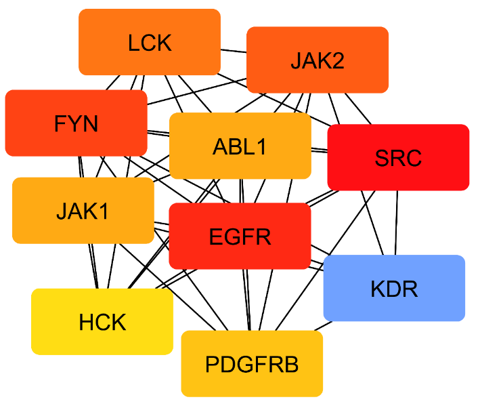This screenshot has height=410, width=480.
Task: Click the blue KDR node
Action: (x=394, y=288)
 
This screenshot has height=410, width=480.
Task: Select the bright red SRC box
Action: (x=398, y=157)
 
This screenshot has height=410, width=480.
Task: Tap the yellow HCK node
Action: (x=102, y=321)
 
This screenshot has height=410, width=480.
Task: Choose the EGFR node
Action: (x=240, y=236)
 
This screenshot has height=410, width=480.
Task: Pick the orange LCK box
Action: (x=150, y=42)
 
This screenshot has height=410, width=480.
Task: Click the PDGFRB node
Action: (x=252, y=364)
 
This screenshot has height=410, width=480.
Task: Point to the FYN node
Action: (x=76, y=123)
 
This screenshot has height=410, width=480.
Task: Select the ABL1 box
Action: (x=240, y=146)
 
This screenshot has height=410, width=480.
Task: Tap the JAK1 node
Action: (x=83, y=211)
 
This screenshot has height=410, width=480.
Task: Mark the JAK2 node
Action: (x=317, y=60)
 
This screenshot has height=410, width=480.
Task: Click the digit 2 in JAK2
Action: (x=339, y=60)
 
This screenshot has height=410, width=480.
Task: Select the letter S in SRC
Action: (x=381, y=158)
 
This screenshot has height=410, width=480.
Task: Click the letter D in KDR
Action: (x=394, y=289)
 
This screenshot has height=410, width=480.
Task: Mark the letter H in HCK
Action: (x=85, y=322)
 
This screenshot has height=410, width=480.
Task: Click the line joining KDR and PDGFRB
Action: (x=326, y=326)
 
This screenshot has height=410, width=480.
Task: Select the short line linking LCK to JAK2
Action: (x=234, y=52)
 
